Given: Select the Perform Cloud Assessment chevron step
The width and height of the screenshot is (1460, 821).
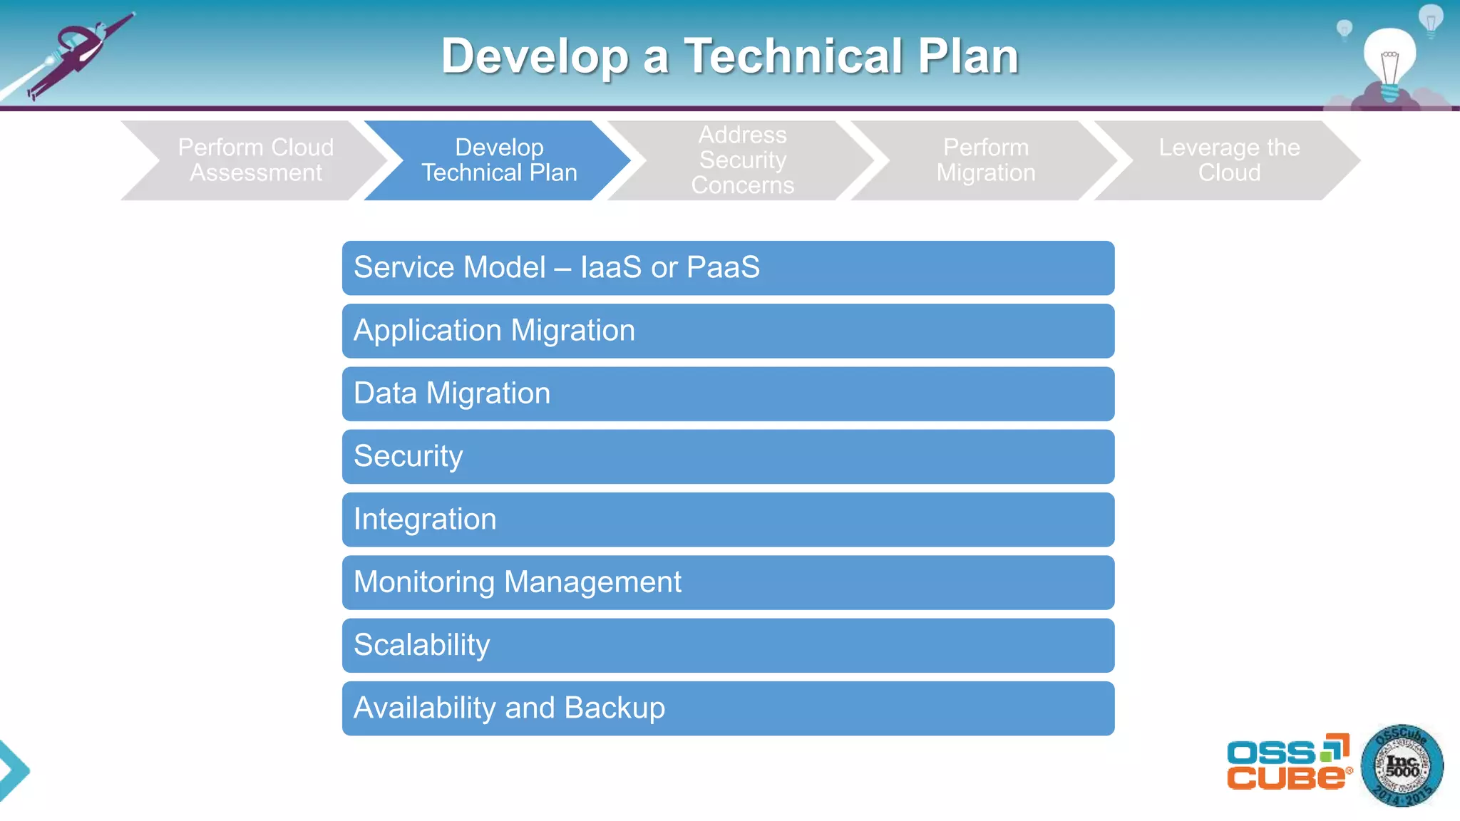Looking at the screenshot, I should (x=255, y=160).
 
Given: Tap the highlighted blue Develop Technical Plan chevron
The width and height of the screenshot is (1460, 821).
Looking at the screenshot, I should (x=499, y=160).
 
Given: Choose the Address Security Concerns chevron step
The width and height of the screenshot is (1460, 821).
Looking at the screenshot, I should (x=742, y=160).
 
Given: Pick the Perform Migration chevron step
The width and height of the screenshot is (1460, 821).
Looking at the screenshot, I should (x=985, y=160).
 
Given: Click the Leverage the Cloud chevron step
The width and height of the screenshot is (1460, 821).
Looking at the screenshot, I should (x=1228, y=160).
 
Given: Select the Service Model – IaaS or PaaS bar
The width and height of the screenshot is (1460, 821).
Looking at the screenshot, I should (x=728, y=268).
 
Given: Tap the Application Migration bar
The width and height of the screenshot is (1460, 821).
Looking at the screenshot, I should (x=728, y=331).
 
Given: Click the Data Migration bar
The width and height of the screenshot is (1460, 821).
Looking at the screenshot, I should (x=728, y=394).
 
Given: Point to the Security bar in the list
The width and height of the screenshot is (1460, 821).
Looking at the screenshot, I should (x=728, y=457).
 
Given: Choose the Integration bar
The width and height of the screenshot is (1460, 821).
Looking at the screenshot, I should (x=728, y=520).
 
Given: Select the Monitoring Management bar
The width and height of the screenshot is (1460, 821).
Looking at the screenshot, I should (x=728, y=582).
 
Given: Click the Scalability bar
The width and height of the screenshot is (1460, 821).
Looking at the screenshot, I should (x=728, y=646).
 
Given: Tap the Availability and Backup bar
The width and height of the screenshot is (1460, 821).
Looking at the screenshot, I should (x=728, y=708).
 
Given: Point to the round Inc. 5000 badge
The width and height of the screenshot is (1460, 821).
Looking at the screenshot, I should (x=1402, y=766).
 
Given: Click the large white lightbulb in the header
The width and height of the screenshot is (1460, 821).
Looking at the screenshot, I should (x=1389, y=61).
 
